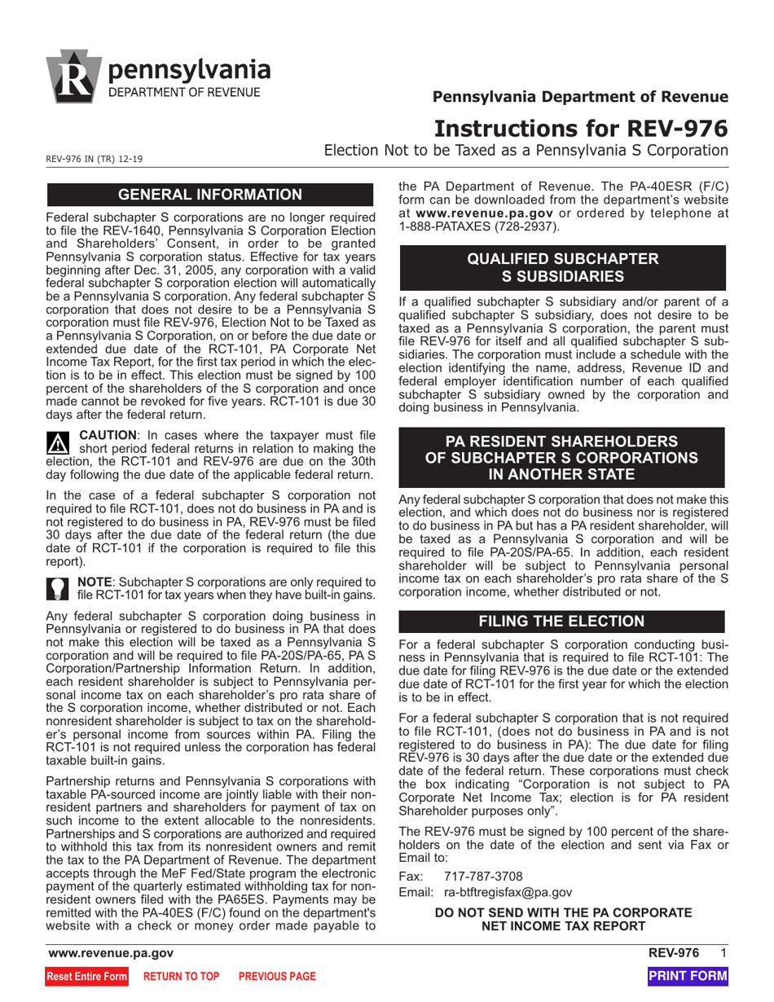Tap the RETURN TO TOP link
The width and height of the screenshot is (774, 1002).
(x=182, y=976)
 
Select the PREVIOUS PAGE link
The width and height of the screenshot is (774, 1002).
(x=276, y=976)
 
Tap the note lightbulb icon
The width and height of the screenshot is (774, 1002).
(x=59, y=590)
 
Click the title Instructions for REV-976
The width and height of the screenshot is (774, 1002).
(x=581, y=129)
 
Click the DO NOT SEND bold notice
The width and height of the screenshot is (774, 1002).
(x=563, y=919)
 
